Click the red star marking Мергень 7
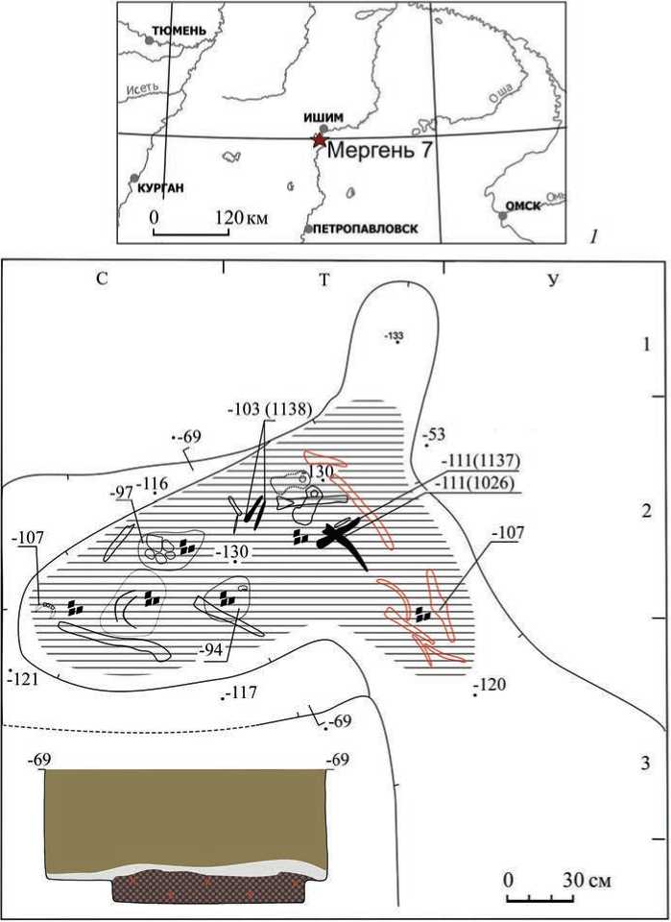pyautogui.click(x=318, y=141)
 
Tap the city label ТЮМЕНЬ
pyautogui.click(x=175, y=30)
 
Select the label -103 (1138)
pyautogui.click(x=270, y=409)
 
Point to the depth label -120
pyautogui.click(x=491, y=685)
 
